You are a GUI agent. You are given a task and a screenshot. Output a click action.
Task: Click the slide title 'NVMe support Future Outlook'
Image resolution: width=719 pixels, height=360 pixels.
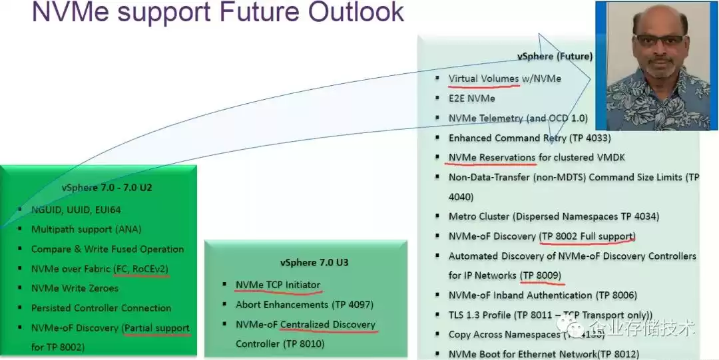click(x=218, y=13)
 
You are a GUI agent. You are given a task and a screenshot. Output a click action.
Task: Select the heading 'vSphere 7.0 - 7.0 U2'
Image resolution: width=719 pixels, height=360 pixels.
click(x=107, y=188)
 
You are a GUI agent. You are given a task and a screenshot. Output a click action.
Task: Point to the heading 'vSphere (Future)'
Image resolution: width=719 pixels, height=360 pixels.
click(x=555, y=57)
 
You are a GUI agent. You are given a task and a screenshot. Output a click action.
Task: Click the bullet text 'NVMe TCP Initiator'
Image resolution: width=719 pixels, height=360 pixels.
click(x=278, y=285)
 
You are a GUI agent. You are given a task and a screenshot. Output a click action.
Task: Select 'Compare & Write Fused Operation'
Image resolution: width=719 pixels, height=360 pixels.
click(x=107, y=249)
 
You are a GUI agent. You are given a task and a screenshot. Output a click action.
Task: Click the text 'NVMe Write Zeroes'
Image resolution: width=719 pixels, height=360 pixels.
click(x=75, y=288)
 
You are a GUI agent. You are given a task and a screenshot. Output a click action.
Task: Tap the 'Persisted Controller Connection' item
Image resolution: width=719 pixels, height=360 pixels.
click(x=101, y=308)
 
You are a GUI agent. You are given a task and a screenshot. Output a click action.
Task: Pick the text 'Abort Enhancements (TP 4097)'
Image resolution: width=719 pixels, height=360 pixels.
click(x=304, y=305)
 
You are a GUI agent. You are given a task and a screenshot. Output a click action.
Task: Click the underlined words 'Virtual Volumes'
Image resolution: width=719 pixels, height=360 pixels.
click(x=483, y=79)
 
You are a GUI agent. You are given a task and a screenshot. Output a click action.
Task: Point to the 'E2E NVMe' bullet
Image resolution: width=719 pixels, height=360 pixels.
click(x=471, y=98)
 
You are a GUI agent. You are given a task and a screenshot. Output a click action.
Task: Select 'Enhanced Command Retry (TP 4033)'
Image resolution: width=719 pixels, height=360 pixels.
click(x=529, y=138)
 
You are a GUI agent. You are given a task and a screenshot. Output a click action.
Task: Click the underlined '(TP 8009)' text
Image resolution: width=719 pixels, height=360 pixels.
click(x=541, y=275)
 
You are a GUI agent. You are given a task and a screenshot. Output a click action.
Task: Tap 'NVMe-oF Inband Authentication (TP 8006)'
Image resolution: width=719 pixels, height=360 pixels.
click(x=543, y=295)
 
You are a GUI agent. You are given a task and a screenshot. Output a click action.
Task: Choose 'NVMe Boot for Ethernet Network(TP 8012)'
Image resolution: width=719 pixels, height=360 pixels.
click(x=543, y=354)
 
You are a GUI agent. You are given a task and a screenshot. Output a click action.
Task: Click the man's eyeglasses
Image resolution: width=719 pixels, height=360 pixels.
click(x=658, y=39)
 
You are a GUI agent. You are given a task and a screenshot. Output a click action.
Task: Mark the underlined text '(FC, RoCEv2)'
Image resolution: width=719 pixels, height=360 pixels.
click(x=141, y=269)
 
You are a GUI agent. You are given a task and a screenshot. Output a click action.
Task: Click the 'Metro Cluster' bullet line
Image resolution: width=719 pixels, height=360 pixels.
click(x=554, y=216)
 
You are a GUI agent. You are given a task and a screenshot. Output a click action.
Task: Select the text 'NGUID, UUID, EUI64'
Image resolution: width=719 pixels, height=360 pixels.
click(x=76, y=210)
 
